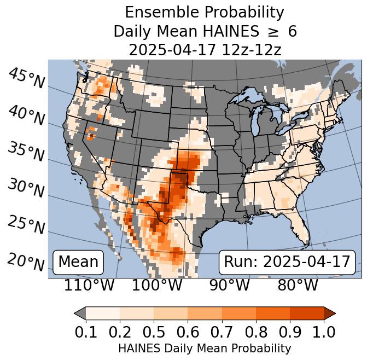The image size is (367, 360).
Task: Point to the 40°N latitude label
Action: pyautogui.click(x=26, y=115)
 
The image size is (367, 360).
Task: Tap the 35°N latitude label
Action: pyautogui.click(x=26, y=152)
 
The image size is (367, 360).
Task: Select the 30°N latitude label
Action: pyautogui.click(x=26, y=188)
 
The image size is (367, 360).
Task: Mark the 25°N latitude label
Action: pyautogui.click(x=26, y=225)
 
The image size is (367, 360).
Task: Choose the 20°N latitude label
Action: pyautogui.click(x=26, y=262)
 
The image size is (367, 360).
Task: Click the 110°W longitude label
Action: pyautogui.click(x=89, y=285)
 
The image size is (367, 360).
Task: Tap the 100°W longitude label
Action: pyautogui.click(x=157, y=285)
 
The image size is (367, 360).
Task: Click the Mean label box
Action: pyautogui.click(x=78, y=262)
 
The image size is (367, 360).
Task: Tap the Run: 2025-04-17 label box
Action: pyautogui.click(x=287, y=262)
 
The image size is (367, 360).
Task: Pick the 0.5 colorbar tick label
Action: pyautogui.click(x=154, y=332)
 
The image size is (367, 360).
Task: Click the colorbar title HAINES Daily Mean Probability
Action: pyautogui.click(x=205, y=349)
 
